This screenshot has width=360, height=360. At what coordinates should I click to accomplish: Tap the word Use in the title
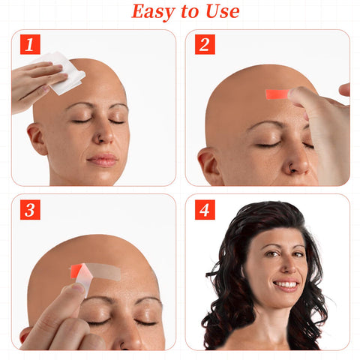coord(222,11)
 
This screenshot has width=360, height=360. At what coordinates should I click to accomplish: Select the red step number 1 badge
coord(30,44)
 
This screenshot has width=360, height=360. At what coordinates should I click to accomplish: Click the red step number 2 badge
coord(205,44)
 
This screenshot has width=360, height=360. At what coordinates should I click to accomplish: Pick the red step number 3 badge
coord(30,210)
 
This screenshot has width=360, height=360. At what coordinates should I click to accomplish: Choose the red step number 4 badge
coord(205,210)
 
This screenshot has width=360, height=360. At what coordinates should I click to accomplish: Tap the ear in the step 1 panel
coord(37,138)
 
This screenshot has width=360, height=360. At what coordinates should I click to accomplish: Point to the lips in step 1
coord(103,160)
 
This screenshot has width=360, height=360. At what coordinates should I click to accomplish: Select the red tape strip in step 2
coord(277,94)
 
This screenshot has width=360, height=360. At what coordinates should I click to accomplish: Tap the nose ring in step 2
coord(292,169)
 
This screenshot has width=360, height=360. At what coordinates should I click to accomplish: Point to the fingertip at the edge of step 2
coord(345,89)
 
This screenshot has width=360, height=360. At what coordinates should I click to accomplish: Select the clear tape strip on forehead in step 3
coord(103,271)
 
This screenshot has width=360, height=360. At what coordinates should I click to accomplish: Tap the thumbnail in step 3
coord(78,288)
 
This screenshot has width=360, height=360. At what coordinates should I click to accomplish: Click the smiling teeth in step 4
coord(286,284)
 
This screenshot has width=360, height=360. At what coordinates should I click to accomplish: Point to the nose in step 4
coord(289,265)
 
